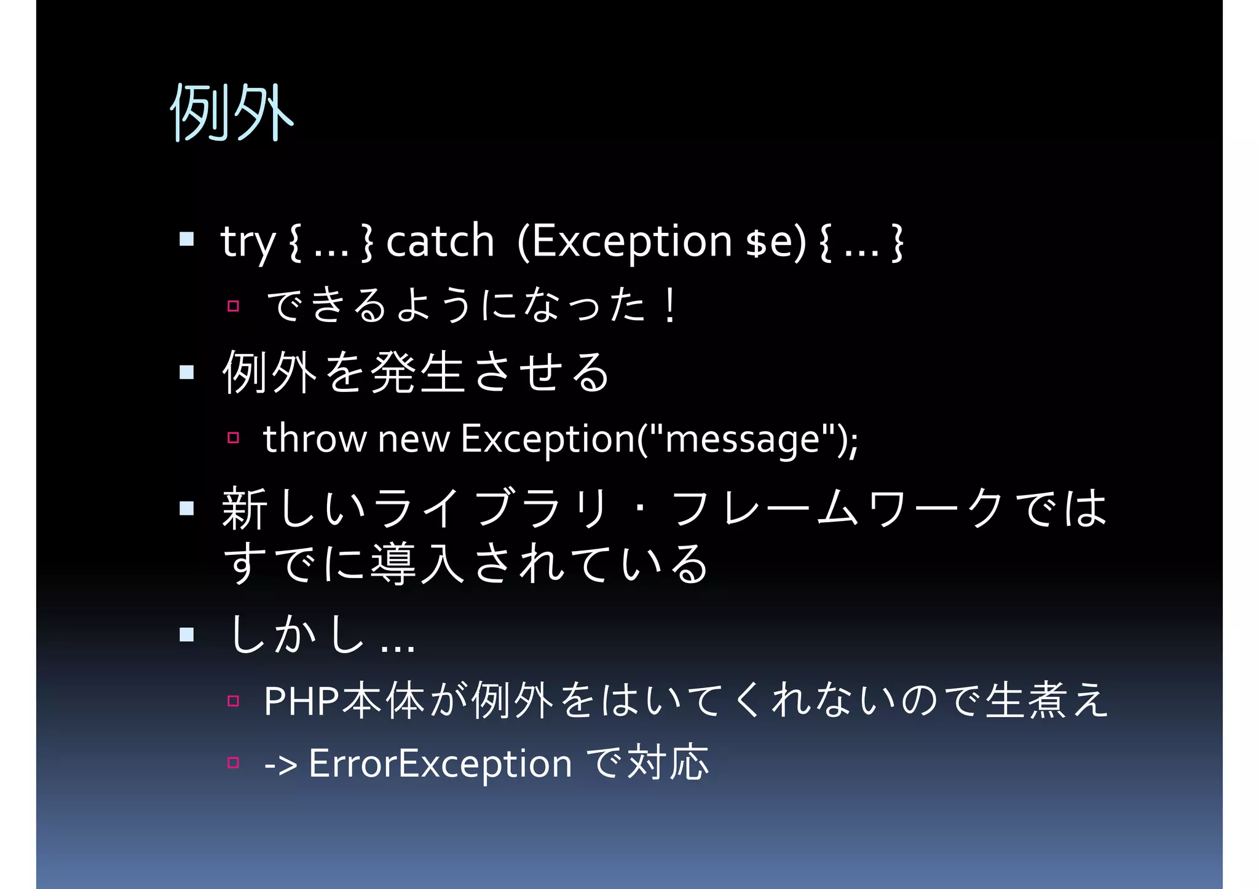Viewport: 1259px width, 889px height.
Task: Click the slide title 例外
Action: pos(232,112)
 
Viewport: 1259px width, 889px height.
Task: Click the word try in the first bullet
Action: pos(248,242)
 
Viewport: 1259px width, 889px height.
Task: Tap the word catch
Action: pos(440,241)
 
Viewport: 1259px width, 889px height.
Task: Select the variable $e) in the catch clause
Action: pos(775,241)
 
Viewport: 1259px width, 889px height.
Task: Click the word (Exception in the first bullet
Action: pos(625,242)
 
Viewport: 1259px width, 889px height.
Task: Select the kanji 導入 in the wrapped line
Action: pos(417,564)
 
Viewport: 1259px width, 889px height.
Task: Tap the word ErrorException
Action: pos(440,764)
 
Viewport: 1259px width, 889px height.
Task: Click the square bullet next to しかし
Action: pos(187,634)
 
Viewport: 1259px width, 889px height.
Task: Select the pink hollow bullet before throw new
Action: pos(233,438)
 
